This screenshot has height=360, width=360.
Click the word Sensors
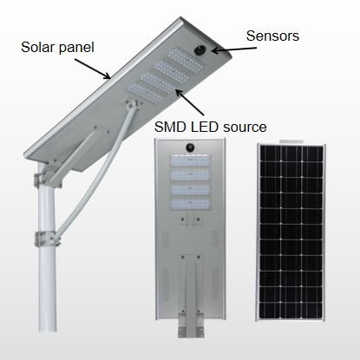click(272, 36)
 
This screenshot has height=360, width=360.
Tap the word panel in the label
click(76, 48)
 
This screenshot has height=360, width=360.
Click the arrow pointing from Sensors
click(234, 49)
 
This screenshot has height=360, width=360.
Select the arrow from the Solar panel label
click(93, 69)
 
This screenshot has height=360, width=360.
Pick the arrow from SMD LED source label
click(190, 102)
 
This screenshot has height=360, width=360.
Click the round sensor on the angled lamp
click(200, 50)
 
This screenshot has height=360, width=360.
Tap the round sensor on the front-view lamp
click(190, 147)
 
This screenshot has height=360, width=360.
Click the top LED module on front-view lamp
click(190, 160)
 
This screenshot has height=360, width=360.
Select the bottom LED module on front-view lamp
click(190, 204)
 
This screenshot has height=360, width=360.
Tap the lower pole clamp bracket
click(47, 239)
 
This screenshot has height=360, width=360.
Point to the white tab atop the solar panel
click(291, 141)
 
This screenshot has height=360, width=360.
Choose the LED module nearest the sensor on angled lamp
click(186, 62)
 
